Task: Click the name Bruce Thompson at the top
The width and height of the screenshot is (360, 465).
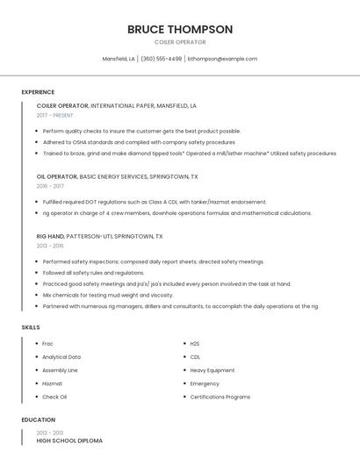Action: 180,29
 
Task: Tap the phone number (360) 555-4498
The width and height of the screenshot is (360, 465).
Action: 162,59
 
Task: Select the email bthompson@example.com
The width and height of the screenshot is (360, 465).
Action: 223,59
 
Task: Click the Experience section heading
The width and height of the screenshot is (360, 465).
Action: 38,92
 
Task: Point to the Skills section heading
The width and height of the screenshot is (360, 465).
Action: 31,327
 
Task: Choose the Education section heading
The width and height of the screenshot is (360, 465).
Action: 39,419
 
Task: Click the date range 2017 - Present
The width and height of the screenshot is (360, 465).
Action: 56,115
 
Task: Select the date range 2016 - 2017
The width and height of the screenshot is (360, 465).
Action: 51,186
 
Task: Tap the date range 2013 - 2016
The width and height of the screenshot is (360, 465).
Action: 51,246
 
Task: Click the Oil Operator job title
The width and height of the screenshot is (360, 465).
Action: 57,176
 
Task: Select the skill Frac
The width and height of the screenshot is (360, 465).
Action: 48,343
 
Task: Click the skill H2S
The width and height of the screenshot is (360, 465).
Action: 195,343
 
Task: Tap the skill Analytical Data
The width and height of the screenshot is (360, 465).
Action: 61,357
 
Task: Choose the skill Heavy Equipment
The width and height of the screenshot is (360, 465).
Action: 212,370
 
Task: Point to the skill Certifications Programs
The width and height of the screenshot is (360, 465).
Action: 220,397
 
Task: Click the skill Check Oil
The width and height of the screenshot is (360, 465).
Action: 54,397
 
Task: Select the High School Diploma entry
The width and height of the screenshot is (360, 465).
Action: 69,440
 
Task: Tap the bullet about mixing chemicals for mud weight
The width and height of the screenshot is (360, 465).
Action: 108,295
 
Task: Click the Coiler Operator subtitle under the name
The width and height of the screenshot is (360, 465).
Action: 180,42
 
